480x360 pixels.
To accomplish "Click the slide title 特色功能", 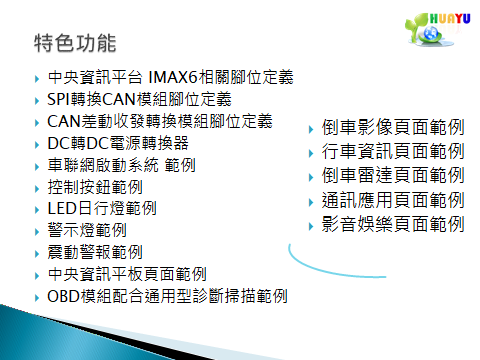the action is (75, 43).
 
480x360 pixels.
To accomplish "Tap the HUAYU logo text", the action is (450, 18).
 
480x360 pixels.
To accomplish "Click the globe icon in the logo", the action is (431, 33).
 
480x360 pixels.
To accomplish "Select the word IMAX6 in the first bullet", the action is (172, 77).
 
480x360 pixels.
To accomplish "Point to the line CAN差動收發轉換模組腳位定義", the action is (160, 121).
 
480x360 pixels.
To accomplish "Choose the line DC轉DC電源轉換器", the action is (118, 143).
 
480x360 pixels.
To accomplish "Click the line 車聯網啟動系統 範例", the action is (121, 165).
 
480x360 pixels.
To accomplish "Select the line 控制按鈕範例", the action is (95, 187).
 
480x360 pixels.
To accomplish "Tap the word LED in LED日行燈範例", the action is (62, 209).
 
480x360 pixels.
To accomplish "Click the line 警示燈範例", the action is (87, 231).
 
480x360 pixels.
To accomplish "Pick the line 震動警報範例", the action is (95, 252).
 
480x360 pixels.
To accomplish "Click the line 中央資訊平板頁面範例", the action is (127, 274).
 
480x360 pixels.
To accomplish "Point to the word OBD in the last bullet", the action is (63, 296).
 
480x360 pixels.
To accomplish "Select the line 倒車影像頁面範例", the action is (393, 127).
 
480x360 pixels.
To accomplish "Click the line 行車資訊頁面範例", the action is (393, 151).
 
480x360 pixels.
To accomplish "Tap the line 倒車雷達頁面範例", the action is (393, 176).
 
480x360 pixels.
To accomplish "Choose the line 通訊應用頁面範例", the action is (393, 200).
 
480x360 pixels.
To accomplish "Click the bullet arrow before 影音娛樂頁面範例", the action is (311, 227).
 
